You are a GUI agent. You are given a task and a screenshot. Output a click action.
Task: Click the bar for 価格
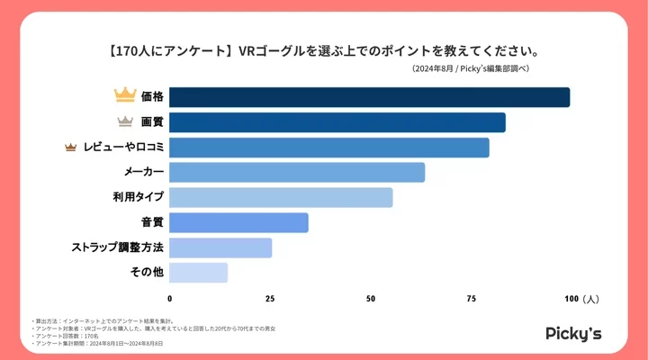coord(369,97)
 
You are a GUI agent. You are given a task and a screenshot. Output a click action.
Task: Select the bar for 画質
coord(337,122)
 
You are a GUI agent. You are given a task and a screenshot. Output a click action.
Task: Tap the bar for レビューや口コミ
coord(328,148)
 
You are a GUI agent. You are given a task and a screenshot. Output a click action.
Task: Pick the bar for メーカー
coord(297,172)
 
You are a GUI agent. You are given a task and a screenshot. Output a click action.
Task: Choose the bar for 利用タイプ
coord(281,197)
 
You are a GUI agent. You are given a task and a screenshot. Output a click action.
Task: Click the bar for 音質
coord(238,222)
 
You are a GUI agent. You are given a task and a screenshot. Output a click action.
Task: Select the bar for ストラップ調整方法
coord(220,247)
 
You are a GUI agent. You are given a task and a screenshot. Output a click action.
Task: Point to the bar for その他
coord(198,273)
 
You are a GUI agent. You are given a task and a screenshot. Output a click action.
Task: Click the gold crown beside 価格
coord(124,96)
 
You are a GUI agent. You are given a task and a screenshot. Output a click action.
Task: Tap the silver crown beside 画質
coord(126,121)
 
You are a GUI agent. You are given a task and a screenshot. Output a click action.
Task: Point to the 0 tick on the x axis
coord(169,298)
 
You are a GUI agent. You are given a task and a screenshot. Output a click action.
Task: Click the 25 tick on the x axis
coord(270,298)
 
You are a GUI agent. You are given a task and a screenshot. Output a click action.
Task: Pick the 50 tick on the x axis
coord(370,298)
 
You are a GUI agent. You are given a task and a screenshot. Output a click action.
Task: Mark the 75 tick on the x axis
coord(470,298)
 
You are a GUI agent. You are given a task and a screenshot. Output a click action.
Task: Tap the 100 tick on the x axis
coord(571,298)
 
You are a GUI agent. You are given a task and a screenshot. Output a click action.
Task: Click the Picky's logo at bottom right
coord(573,333)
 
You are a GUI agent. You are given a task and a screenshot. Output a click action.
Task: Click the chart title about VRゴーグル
coord(323,50)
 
